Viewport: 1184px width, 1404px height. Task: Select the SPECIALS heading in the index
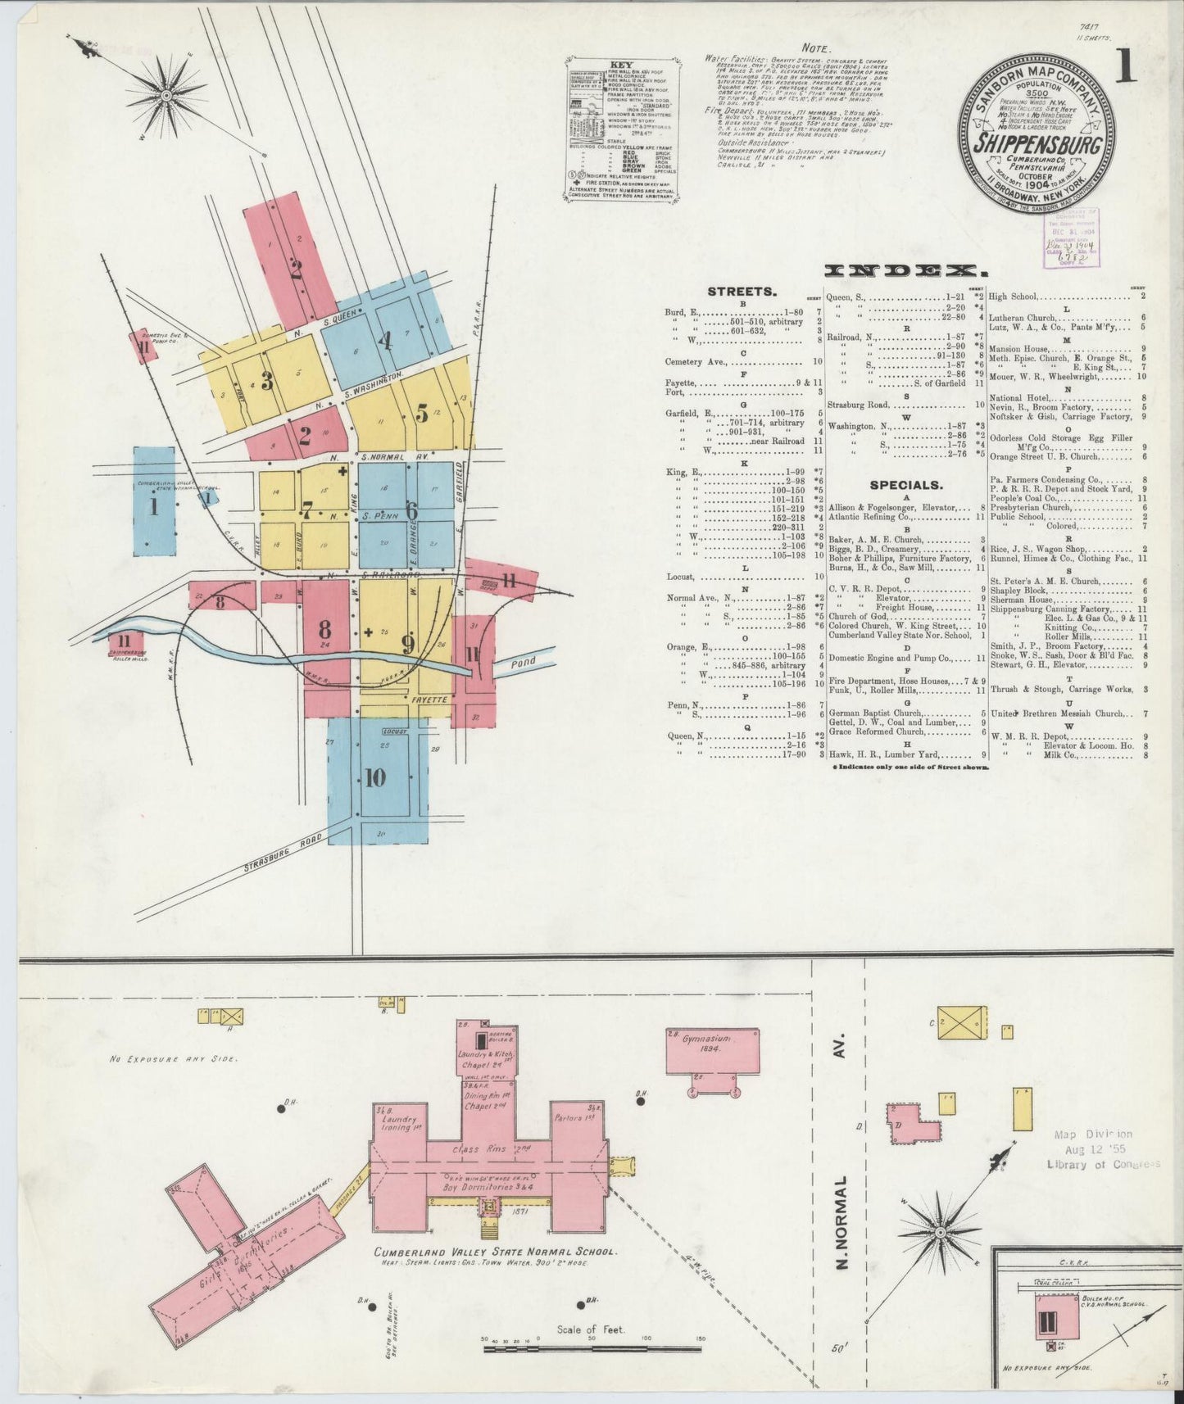click(905, 484)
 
